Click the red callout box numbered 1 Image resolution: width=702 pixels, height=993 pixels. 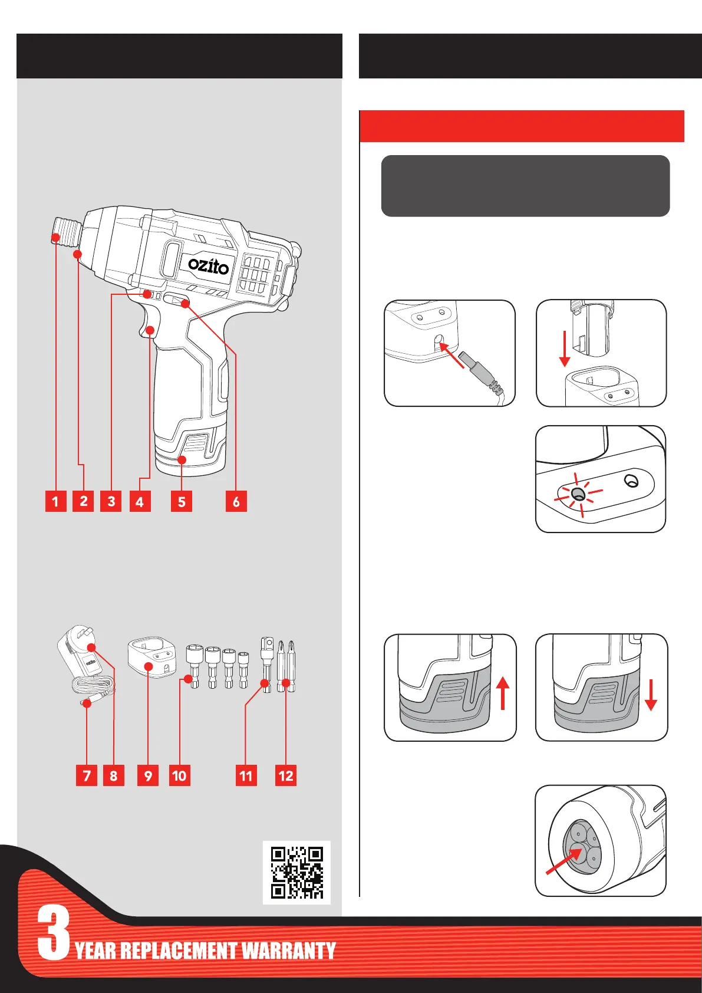tap(56, 502)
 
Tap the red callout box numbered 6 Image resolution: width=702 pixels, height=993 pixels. tap(236, 502)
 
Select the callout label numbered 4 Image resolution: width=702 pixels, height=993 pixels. tap(140, 502)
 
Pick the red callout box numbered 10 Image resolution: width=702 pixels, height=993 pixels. tap(179, 775)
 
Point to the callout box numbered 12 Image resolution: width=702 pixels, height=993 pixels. tap(286, 775)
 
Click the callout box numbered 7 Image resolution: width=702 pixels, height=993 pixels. tap(87, 775)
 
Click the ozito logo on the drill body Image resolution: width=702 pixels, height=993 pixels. tap(209, 265)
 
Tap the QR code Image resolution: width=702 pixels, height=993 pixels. tap(296, 872)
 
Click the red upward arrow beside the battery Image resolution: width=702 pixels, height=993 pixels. tap(502, 693)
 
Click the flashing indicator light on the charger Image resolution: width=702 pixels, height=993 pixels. tap(578, 494)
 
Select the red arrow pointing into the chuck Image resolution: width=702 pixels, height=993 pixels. tap(561, 863)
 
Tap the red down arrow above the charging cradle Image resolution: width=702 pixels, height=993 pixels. tap(565, 348)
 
